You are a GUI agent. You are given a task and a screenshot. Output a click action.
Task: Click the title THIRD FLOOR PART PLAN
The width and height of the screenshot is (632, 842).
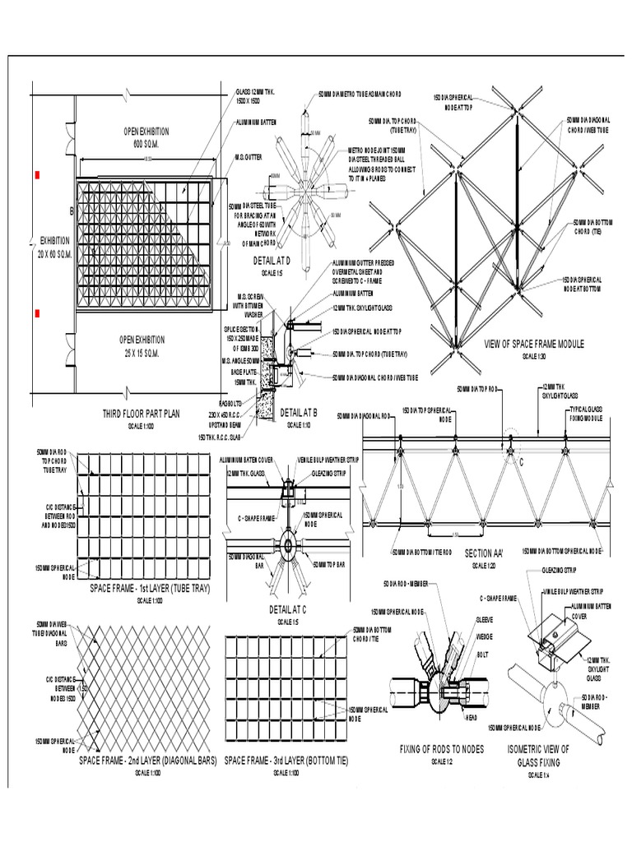tap(142, 414)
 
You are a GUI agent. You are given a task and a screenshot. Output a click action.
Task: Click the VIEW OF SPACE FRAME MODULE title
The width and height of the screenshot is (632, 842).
tap(534, 345)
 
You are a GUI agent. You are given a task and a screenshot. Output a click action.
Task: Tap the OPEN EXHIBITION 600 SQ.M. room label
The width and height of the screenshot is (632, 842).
tap(144, 137)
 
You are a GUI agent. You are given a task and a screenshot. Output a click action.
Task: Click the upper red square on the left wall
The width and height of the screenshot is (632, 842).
tap(36, 174)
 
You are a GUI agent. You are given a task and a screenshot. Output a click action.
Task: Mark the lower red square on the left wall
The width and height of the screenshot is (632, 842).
tap(36, 313)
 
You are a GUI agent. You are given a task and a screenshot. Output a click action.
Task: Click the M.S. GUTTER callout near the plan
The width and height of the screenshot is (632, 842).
tap(249, 158)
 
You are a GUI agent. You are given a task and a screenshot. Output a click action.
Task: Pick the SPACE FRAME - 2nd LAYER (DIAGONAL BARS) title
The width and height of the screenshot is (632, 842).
tap(147, 761)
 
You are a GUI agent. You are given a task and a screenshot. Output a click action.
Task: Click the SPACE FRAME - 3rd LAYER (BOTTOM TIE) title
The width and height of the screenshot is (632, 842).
tap(286, 761)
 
